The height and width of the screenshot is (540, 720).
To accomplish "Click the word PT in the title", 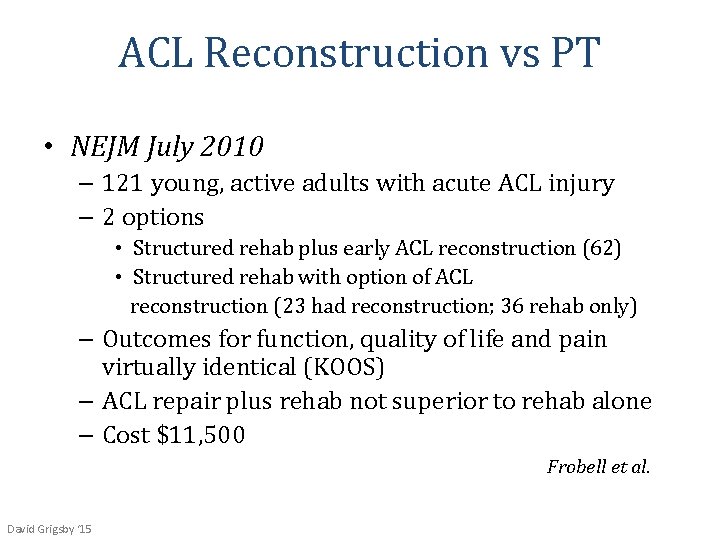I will point(575,52).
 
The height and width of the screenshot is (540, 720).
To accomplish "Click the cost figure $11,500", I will point(201,435).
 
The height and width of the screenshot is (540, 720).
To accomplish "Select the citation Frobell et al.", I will point(598,466).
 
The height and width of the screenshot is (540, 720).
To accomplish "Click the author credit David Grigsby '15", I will point(49,528).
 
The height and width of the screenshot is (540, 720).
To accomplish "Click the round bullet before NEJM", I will point(48,148).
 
